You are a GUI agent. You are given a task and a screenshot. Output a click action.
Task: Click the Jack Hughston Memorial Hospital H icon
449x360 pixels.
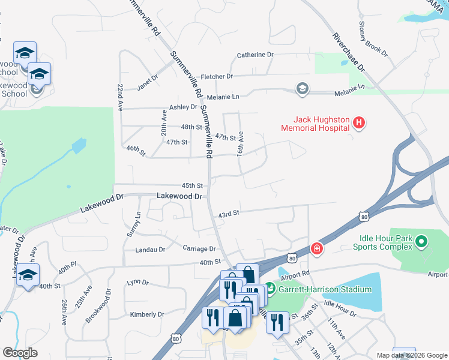point(358,124)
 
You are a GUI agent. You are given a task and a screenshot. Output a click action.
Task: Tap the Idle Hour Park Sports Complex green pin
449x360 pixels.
point(421,242)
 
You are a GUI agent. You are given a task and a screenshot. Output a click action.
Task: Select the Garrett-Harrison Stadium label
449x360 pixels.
point(325,289)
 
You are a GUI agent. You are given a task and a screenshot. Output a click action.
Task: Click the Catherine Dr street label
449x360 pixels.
point(255,55)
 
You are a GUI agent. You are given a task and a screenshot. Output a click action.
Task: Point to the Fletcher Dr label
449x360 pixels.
point(217,76)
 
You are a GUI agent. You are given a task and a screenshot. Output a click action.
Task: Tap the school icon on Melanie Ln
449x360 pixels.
point(302,89)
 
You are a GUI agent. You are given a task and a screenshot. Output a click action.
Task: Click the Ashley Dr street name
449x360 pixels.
point(183,107)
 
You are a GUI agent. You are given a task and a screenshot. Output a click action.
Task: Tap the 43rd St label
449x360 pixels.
point(229,213)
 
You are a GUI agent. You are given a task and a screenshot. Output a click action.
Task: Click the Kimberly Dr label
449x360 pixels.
point(147,314)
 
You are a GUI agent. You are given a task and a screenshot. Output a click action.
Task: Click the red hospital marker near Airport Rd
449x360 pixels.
point(316,248)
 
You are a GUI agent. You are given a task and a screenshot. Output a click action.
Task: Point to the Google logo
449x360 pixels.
point(20,353)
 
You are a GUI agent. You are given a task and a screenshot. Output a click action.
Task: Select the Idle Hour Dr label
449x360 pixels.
point(340,305)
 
